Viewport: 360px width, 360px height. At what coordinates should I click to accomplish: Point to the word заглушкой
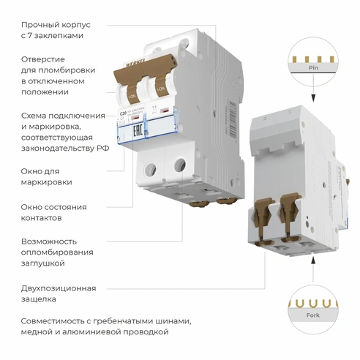point(43,263)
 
